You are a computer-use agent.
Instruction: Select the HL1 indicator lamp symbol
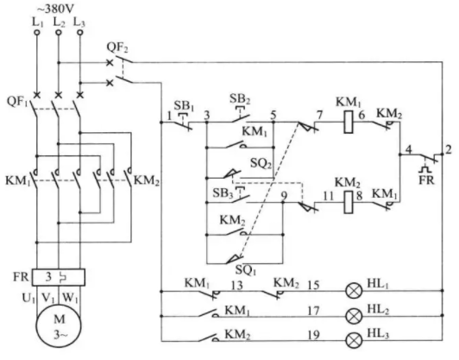[354, 291]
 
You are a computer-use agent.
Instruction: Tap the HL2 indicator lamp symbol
[354, 316]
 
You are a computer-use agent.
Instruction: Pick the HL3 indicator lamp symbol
[354, 341]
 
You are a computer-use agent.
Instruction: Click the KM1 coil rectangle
[348, 122]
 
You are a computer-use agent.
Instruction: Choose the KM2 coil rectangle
[348, 202]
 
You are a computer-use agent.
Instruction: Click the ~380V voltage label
[55, 9]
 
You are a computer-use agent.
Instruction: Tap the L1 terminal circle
[37, 32]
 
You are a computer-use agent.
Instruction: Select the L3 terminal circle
[80, 32]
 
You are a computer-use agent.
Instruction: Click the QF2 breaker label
[117, 47]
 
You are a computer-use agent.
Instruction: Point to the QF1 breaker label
[17, 102]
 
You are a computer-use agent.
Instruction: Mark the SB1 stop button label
[184, 105]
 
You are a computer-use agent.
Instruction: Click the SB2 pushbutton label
[240, 98]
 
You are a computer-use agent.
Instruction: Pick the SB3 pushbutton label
[223, 193]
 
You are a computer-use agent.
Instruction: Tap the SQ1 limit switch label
[246, 270]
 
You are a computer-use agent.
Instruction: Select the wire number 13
[236, 285]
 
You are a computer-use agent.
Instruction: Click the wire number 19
[313, 335]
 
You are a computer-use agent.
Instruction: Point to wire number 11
[329, 196]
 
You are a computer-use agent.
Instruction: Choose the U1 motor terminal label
[28, 298]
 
